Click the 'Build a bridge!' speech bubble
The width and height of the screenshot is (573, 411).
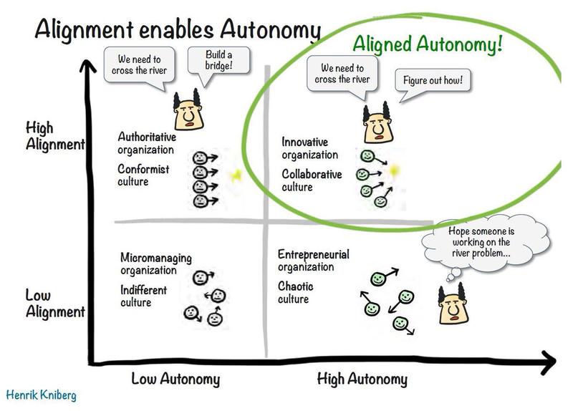coord(218,61)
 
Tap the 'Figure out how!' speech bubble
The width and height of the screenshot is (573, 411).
coord(433,80)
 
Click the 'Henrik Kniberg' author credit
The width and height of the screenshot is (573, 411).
coord(42,395)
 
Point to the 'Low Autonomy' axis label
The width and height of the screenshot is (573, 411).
coord(175,379)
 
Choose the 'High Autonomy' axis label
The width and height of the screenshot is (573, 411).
coord(362,379)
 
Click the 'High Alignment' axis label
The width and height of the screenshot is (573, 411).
coord(55,137)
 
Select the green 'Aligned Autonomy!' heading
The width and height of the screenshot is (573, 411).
coord(428,44)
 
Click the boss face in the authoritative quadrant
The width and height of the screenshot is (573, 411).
coord(188,110)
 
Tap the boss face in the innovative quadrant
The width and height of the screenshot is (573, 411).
coord(379,122)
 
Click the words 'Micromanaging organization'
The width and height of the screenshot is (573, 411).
coord(156,263)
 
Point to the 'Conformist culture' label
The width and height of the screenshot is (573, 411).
coord(143,175)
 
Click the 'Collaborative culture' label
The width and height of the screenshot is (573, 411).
coord(312,180)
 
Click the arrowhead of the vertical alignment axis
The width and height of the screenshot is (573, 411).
coord(87,65)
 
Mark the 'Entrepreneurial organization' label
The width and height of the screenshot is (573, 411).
coord(314,261)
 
